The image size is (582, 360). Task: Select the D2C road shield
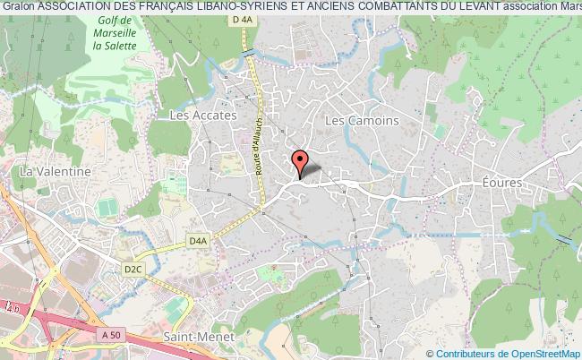coord(133,267)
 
